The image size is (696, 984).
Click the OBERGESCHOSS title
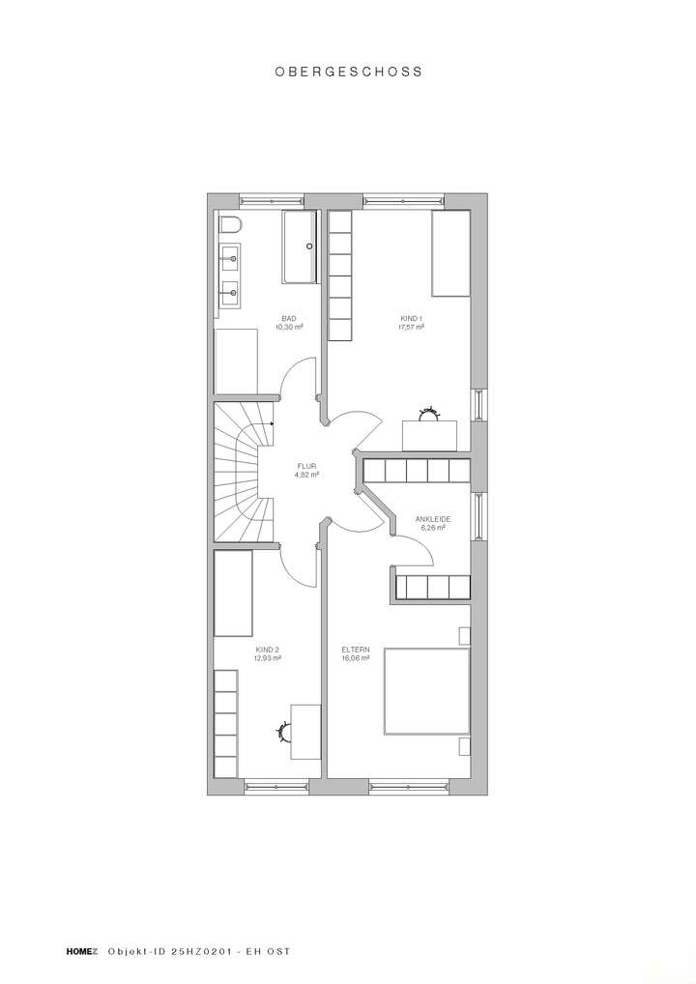click(x=348, y=72)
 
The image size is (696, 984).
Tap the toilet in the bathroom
click(x=229, y=225)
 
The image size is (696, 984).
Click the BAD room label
click(x=289, y=318)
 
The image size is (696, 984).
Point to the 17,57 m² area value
click(x=413, y=327)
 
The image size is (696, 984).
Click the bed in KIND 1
click(x=450, y=253)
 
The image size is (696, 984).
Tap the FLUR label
click(x=307, y=466)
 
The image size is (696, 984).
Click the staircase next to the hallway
click(x=242, y=473)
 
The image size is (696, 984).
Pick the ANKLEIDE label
click(x=433, y=519)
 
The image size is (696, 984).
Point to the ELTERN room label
click(x=355, y=650)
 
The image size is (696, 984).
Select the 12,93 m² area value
click(x=268, y=658)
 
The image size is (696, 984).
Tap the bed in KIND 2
click(x=233, y=593)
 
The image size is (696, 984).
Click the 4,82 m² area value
click(x=307, y=475)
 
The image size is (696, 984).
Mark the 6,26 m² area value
click(x=433, y=528)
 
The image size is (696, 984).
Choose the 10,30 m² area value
click(x=289, y=327)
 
